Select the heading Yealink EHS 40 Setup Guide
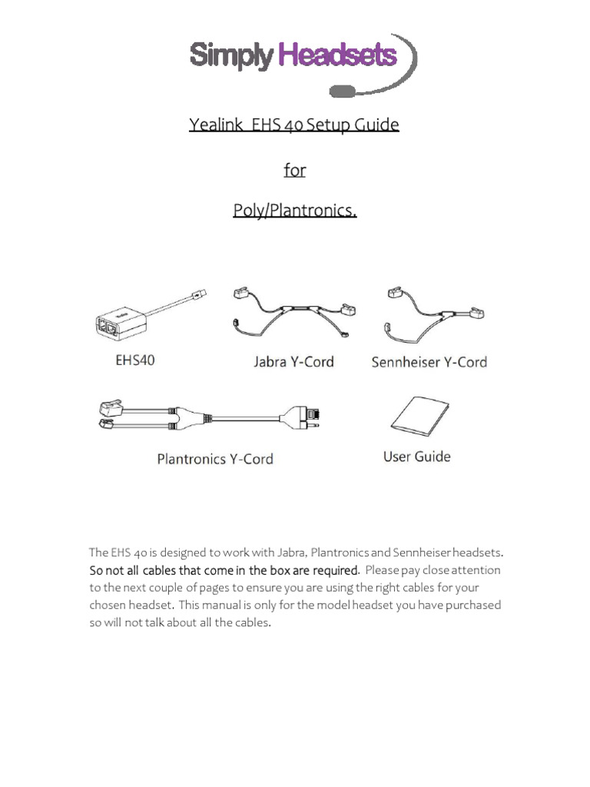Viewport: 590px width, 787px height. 294,125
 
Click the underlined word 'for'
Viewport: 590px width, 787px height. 294,170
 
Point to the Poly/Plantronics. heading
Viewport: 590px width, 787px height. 294,211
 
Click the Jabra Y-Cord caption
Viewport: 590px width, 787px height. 293,361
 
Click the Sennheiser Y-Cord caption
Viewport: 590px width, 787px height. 429,361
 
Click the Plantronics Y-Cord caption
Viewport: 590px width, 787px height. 215,460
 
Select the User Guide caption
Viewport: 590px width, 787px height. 416,457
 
